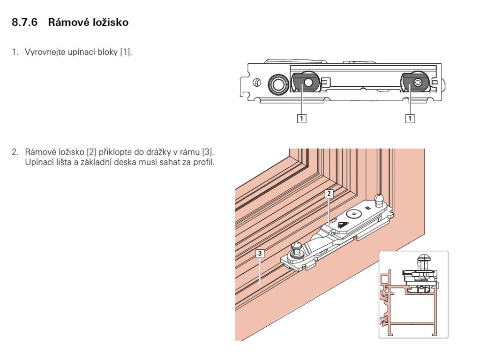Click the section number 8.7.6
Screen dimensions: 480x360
click(x=24, y=22)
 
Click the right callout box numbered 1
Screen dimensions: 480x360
click(x=410, y=119)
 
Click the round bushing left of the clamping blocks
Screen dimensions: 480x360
click(x=277, y=84)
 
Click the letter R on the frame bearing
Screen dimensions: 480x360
click(x=367, y=207)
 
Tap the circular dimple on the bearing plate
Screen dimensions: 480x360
click(x=353, y=214)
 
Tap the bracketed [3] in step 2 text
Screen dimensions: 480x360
click(x=206, y=152)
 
